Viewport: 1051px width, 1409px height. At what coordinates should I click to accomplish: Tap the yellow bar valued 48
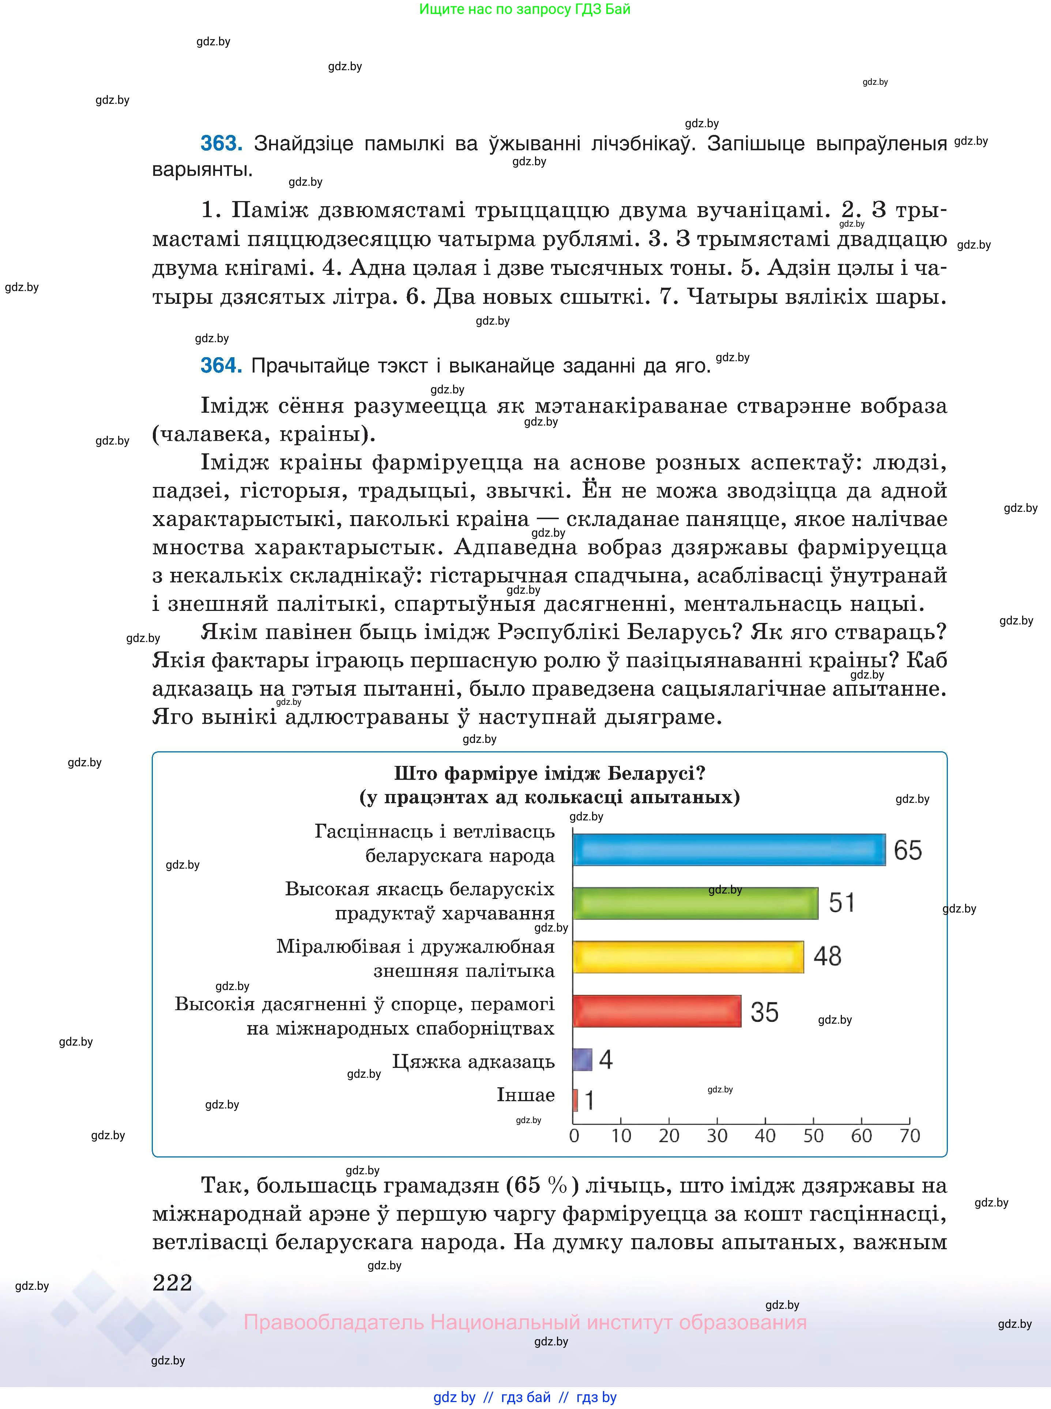688,957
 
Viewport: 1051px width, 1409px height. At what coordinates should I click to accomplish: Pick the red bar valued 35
656,1011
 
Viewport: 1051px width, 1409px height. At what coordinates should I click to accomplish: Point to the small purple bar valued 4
582,1059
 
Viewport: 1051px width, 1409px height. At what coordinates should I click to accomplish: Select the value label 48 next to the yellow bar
827,956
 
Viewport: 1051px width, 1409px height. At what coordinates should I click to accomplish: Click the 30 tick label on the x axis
717,1136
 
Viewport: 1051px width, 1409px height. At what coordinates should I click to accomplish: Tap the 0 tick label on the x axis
574,1136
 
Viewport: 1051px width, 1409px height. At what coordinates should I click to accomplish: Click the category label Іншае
525,1095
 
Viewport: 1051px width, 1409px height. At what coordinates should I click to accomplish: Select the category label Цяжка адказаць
473,1061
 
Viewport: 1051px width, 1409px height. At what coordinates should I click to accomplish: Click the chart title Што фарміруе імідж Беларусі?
550,774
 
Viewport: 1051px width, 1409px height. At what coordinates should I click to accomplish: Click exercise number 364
221,366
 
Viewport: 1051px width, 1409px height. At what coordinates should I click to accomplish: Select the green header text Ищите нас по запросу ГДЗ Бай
525,10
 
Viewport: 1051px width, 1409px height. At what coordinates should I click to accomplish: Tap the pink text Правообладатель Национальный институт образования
525,1322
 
